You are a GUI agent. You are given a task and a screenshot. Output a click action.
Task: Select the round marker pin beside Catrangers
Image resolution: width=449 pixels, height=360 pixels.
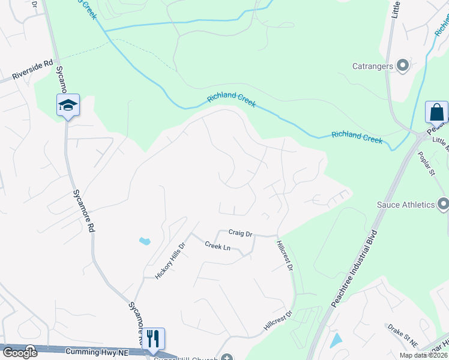(x=403, y=65)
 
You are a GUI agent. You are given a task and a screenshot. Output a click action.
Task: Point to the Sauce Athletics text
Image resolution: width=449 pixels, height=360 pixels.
(x=405, y=205)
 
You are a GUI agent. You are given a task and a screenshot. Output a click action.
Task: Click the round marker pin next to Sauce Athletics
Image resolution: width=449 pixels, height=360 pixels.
(x=443, y=205)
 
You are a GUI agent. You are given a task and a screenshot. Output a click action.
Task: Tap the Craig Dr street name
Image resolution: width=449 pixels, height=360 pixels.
(x=240, y=233)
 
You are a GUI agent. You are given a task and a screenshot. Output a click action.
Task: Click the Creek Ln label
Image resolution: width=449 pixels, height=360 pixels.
(x=217, y=245)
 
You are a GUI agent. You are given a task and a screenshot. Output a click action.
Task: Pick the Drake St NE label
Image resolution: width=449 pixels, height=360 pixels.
(x=402, y=334)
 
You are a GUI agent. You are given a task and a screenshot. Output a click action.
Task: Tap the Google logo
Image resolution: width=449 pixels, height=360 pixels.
(x=19, y=352)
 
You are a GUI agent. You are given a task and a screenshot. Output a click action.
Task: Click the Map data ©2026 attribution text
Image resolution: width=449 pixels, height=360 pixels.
(x=424, y=355)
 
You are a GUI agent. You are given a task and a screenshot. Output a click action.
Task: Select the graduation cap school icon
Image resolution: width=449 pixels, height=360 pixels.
(x=68, y=106)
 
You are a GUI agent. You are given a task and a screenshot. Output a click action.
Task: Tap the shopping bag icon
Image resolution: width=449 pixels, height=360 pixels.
(x=436, y=112)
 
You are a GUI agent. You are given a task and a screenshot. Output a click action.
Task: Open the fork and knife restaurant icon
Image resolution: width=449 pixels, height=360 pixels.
(x=153, y=339)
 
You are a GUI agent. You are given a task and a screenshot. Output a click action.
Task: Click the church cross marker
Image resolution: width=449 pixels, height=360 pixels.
(x=226, y=358)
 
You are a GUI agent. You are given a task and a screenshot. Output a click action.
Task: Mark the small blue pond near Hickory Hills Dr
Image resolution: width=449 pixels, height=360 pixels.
(x=145, y=241)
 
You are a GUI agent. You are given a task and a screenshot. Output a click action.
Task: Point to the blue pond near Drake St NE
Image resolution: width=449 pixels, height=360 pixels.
(x=336, y=340)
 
